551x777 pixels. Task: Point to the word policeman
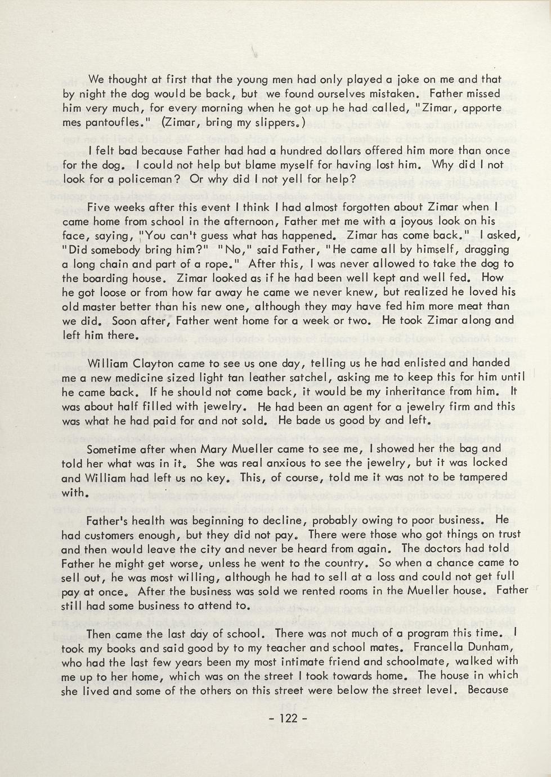(x=144, y=180)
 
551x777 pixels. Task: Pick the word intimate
(x=330, y=662)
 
